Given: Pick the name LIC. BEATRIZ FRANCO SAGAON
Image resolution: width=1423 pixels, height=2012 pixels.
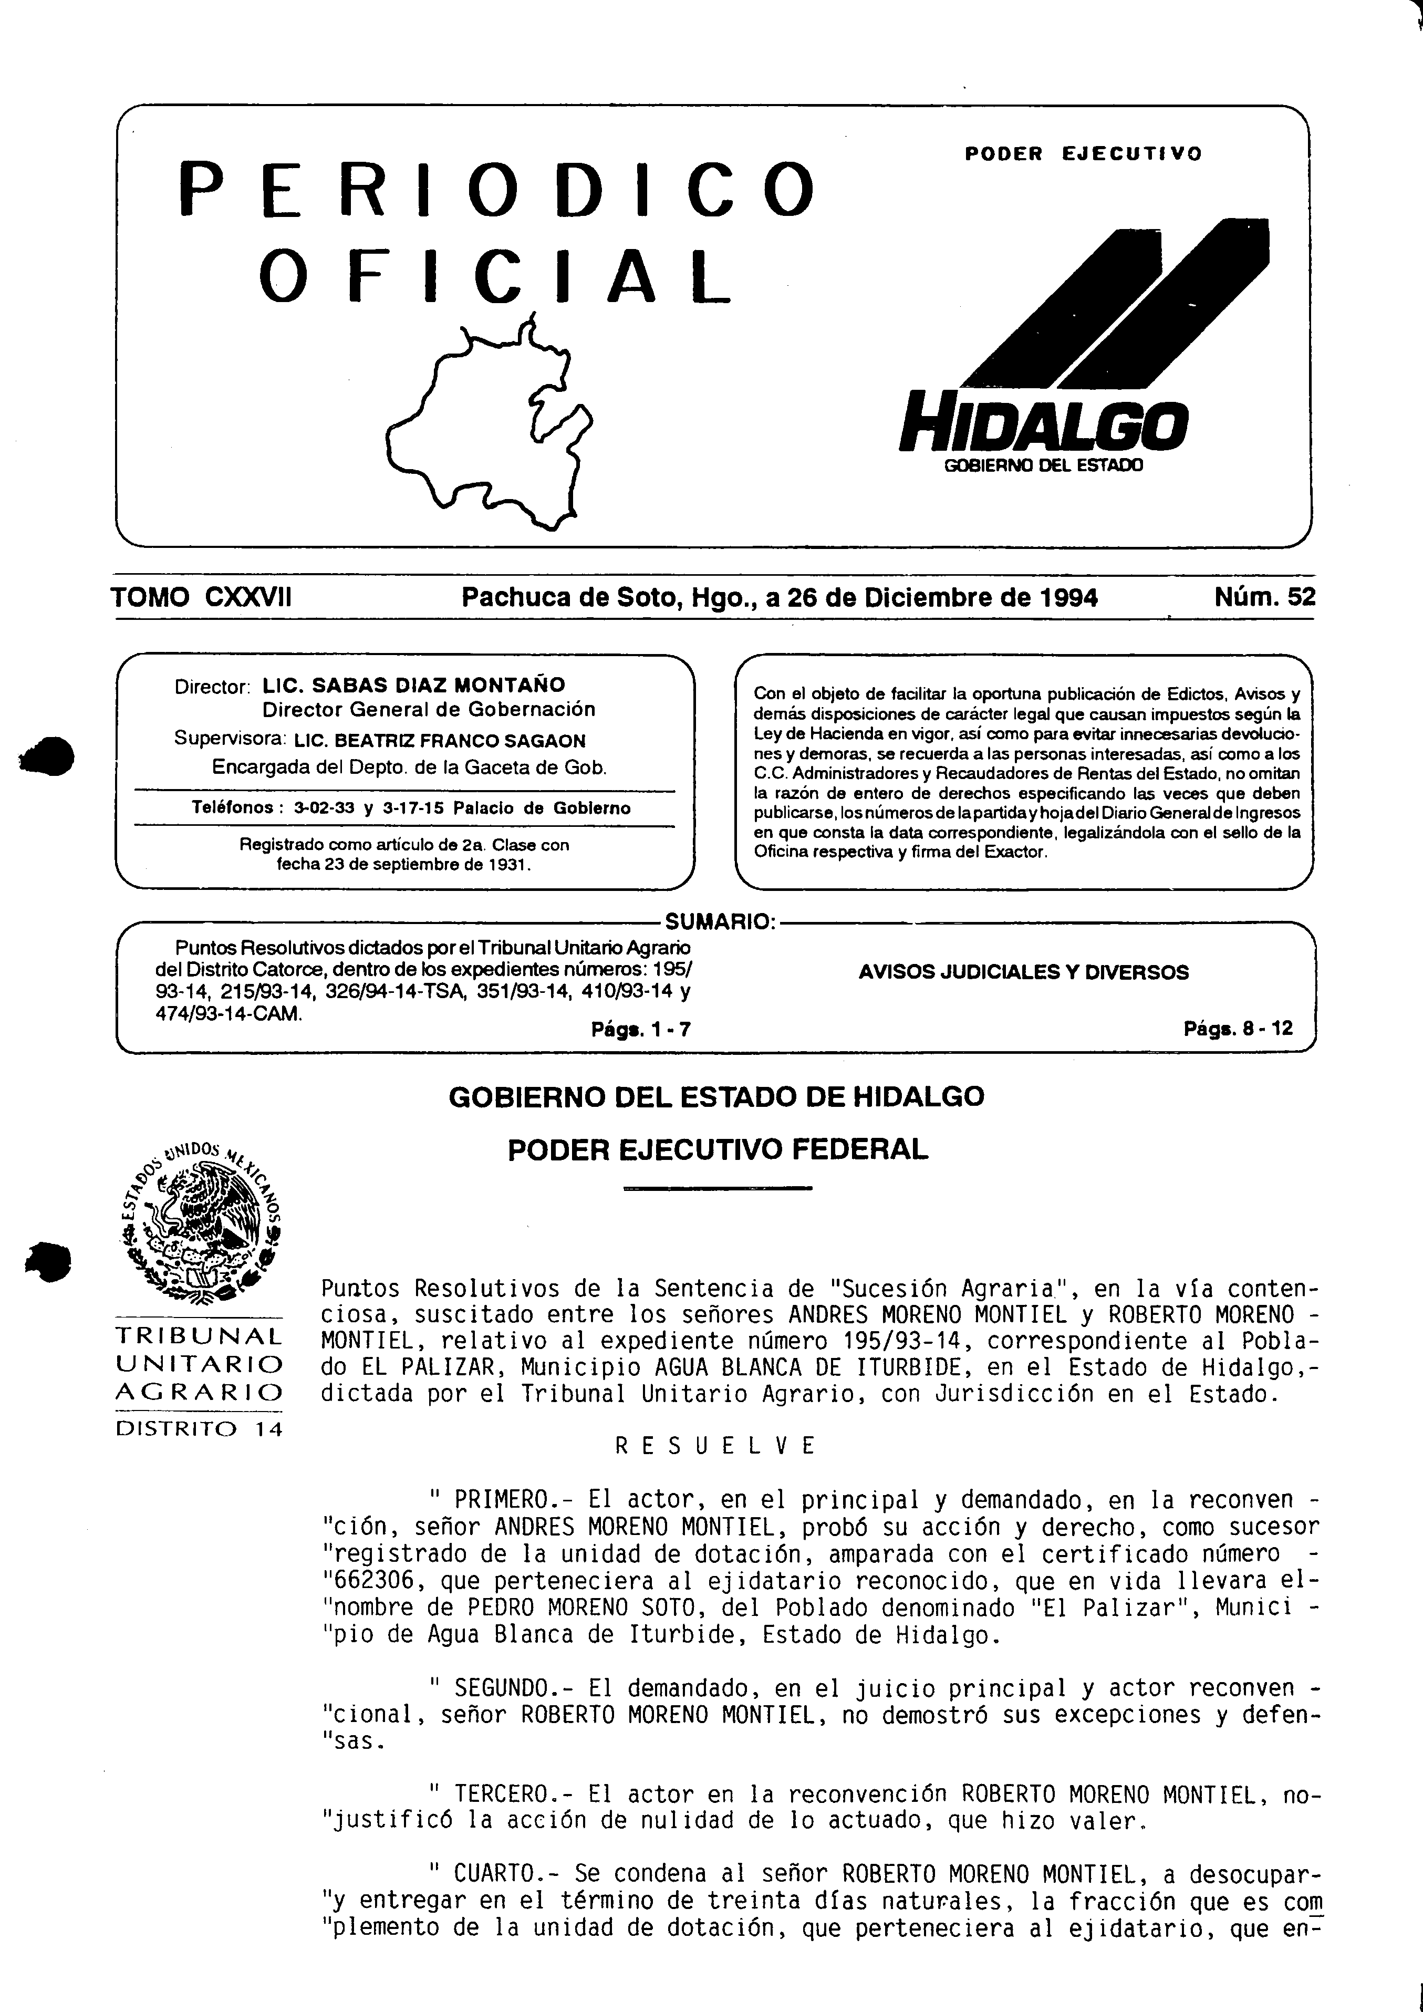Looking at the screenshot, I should [x=440, y=741].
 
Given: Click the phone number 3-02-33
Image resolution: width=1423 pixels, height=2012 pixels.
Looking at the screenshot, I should [x=324, y=808].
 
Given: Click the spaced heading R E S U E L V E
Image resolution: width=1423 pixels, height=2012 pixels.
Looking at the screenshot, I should [x=714, y=1446].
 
